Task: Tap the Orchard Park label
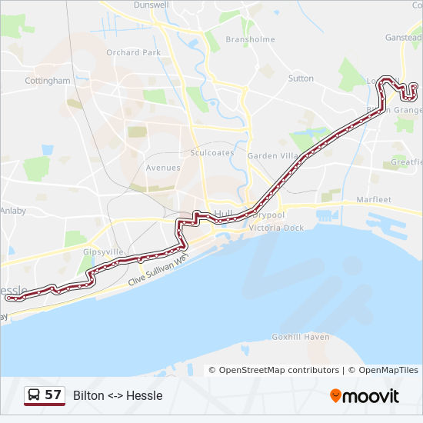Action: tap(134, 52)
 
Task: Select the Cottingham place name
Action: tap(48, 80)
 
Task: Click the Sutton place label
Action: tap(301, 78)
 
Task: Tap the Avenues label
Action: tap(163, 168)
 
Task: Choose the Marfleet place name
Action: tap(374, 200)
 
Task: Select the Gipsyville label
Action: tap(103, 251)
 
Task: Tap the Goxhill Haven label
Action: tap(301, 337)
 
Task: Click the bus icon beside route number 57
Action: tap(35, 395)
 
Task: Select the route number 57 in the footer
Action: tap(53, 395)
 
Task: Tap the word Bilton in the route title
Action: tap(88, 395)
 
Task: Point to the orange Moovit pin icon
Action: tap(335, 396)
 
